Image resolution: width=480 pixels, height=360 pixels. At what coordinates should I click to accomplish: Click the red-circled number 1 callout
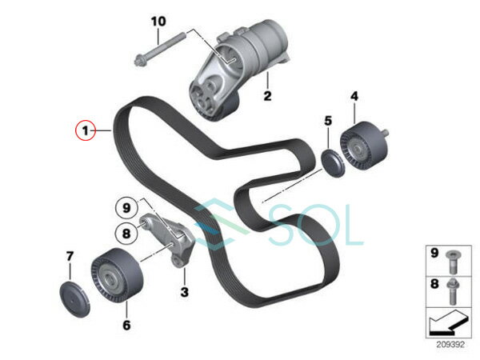(86, 130)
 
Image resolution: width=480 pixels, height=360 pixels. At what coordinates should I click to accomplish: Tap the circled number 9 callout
(126, 209)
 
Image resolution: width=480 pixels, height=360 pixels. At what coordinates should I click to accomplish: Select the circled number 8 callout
(126, 234)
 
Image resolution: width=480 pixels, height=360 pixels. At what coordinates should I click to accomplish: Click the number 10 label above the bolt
(158, 22)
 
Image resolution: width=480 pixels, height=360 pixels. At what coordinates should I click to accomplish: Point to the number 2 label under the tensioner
(267, 96)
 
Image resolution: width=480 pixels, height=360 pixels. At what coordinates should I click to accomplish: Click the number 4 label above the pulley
(354, 97)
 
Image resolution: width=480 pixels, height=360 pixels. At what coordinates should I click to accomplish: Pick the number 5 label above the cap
(328, 121)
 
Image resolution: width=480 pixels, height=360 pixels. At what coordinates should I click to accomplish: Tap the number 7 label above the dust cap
(70, 256)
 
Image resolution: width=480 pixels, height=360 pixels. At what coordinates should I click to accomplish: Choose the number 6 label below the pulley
(126, 325)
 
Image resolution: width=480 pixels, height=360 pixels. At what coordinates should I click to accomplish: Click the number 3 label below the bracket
(184, 292)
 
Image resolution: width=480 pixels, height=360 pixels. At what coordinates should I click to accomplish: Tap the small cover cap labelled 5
(333, 163)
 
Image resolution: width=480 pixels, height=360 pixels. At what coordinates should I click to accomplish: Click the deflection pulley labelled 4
(363, 145)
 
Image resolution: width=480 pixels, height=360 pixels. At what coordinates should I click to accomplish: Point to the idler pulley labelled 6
(117, 275)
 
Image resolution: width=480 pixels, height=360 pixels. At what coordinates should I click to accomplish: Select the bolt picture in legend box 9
(451, 262)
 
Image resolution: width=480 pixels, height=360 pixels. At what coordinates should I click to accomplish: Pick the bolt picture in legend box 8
(452, 291)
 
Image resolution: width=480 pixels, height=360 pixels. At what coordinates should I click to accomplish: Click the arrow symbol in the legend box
(449, 323)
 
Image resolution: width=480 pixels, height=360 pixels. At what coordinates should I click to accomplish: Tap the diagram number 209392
(450, 344)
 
